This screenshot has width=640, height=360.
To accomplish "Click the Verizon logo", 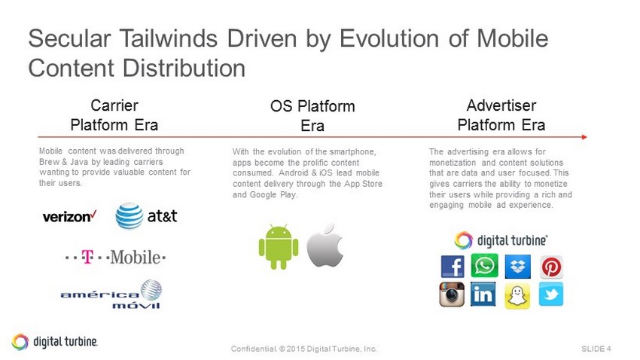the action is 69,216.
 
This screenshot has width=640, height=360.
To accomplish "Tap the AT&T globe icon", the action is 130,215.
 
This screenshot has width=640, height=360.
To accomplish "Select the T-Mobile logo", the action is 115,257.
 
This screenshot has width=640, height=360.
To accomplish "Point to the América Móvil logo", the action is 111,294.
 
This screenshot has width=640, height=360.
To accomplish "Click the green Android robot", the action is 279,246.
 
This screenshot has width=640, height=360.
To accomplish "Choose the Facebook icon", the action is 453,267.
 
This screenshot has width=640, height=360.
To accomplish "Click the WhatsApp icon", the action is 484,266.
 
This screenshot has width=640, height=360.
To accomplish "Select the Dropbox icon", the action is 518,267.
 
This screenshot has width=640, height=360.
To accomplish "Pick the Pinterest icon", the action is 551,267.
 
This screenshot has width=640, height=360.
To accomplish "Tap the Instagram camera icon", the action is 452,294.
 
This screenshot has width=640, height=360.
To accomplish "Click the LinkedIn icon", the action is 483,294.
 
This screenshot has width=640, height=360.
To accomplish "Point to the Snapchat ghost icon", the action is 517,296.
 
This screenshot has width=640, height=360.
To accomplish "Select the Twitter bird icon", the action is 551,294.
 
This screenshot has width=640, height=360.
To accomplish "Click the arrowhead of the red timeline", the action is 585,137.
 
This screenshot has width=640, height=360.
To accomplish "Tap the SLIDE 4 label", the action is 596,349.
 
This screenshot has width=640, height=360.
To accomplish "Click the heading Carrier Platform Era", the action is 114,115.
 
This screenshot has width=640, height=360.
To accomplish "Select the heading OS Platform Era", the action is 312,116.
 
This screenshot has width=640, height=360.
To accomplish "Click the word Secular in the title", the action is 69,38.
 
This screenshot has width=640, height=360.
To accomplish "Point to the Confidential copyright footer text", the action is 303,349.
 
